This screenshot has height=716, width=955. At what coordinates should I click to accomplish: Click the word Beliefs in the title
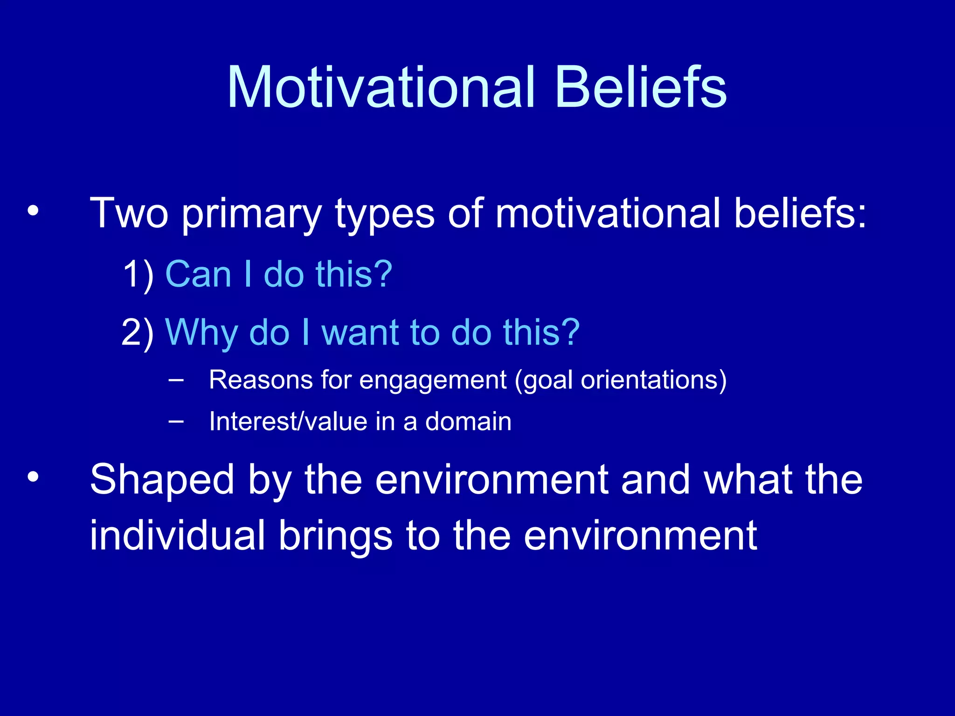(641, 88)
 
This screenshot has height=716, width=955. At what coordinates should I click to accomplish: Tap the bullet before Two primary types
(33, 211)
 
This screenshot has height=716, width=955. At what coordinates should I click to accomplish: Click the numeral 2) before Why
(137, 333)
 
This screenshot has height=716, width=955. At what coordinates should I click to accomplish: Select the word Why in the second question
(201, 333)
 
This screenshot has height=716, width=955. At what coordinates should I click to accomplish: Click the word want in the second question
(361, 333)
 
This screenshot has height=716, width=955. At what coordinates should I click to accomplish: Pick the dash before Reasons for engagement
(176, 380)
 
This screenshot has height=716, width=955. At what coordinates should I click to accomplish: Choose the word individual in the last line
(177, 536)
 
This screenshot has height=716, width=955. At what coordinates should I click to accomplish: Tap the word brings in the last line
(335, 536)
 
